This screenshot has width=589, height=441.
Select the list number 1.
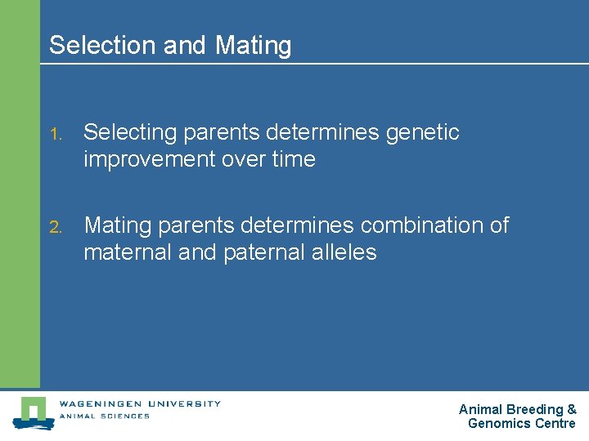(54, 133)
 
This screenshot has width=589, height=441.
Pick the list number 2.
(54, 226)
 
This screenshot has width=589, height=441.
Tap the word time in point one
(293, 160)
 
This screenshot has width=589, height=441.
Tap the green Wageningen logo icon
(32, 412)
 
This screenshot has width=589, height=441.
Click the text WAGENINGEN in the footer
(97, 403)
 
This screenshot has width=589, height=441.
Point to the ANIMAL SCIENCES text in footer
(104, 416)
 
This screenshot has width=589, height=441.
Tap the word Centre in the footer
(555, 424)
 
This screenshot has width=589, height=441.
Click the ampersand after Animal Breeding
(572, 410)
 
